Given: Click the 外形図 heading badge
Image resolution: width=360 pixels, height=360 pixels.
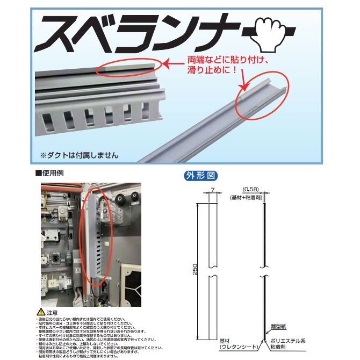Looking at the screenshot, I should [x=202, y=175].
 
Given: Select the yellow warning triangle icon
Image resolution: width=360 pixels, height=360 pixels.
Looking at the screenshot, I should [x=40, y=311].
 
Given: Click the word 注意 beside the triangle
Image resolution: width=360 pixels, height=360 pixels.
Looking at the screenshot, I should [x=52, y=312].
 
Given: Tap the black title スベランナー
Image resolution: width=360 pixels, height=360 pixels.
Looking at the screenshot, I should [x=145, y=33].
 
